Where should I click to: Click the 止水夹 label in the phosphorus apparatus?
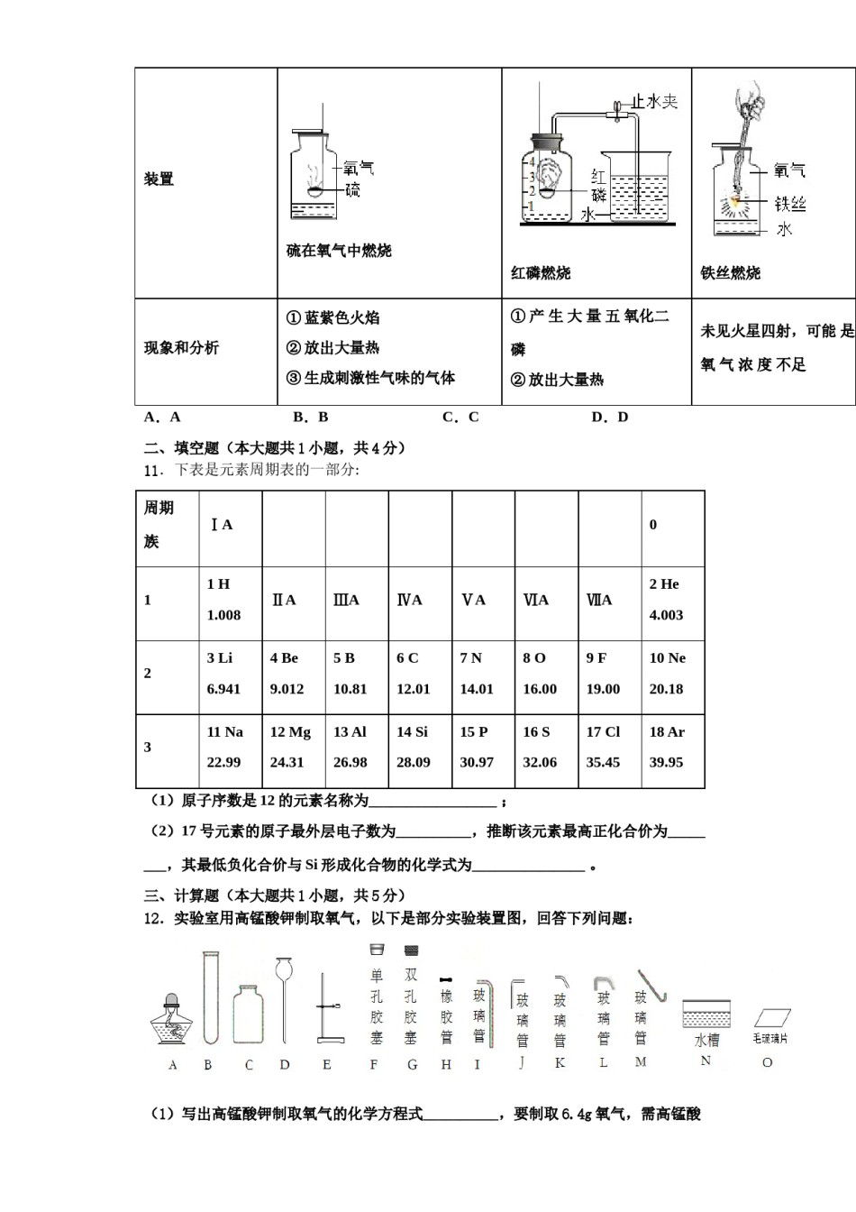pos(653,102)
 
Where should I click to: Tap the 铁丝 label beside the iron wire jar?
pos(789,205)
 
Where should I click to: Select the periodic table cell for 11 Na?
pos(230,748)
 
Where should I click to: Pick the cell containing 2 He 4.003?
pos(672,600)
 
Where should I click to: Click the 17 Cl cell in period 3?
pos(609,748)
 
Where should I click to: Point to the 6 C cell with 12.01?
pos(419,674)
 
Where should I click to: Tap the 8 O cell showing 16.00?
pos(545,674)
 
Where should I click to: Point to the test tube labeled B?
pos(211,997)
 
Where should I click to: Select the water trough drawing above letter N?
pos(706,1015)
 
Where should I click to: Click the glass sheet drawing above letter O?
pos(771,1017)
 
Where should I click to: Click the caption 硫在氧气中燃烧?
pos(339,252)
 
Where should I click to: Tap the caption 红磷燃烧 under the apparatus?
pos(541,273)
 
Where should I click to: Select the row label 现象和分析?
pos(181,348)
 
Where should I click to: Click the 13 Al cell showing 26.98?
pos(356,748)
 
